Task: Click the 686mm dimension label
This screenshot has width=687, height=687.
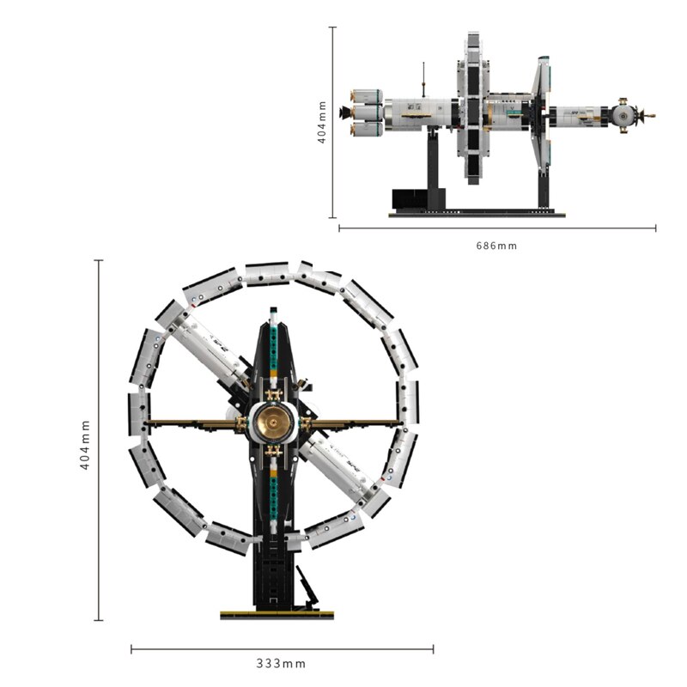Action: tap(496, 246)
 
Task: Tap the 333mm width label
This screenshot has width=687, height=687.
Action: tap(281, 663)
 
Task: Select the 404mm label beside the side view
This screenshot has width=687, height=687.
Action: tap(322, 122)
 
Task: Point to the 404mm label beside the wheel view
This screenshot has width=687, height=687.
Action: tap(85, 445)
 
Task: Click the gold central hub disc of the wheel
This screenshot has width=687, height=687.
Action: tap(273, 423)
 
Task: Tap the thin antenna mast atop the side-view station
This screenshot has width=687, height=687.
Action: tap(423, 80)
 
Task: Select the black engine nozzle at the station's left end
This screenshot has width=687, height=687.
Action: tap(345, 112)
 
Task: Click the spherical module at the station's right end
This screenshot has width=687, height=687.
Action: tap(624, 115)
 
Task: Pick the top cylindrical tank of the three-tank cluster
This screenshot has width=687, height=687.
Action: tap(367, 97)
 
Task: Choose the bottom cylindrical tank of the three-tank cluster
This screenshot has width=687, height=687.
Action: tap(367, 129)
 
